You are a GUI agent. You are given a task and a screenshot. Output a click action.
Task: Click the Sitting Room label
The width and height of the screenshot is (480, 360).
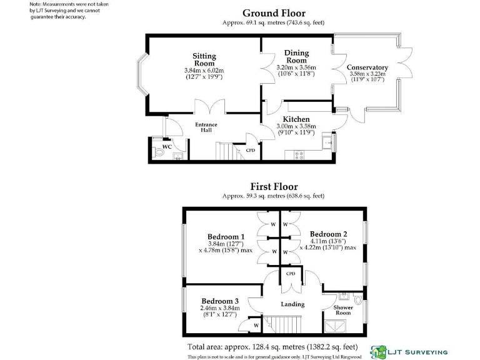(204, 59)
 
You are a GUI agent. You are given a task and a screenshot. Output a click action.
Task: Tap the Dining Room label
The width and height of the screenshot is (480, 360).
(296, 56)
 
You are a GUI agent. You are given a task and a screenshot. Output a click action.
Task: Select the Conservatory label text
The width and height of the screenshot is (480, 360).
(367, 67)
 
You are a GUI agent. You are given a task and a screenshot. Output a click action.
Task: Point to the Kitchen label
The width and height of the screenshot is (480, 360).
(296, 119)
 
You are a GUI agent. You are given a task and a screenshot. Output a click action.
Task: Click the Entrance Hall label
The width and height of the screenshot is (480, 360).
(206, 127)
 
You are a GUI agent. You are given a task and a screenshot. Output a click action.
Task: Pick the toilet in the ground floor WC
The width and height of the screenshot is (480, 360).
(157, 151)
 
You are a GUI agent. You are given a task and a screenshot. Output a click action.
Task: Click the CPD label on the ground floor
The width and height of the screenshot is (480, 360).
(251, 151)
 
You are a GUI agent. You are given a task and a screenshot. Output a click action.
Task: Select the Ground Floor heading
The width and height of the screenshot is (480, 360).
(274, 13)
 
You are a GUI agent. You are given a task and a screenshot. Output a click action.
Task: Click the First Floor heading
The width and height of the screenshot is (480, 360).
(274, 186)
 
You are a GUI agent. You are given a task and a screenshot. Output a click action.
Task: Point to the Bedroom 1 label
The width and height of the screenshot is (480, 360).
(226, 237)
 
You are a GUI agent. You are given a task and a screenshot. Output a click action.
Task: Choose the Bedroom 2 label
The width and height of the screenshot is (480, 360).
(328, 234)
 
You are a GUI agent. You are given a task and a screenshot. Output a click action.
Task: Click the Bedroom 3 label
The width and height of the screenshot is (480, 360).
(219, 299)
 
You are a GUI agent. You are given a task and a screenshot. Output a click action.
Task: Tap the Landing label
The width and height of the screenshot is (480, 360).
(292, 304)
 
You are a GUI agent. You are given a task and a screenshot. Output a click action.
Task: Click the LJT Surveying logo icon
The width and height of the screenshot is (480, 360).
(378, 351)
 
